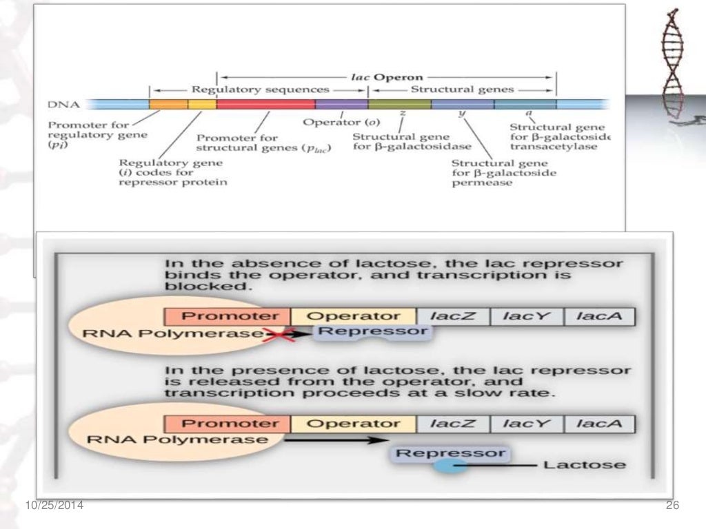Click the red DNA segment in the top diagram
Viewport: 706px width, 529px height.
point(265,104)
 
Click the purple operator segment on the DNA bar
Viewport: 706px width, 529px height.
point(341,104)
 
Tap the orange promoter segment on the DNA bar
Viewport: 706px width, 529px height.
point(168,104)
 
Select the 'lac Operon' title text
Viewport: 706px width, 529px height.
point(387,77)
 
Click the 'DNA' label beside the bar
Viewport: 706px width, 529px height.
point(64,105)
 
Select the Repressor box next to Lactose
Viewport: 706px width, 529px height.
point(450,453)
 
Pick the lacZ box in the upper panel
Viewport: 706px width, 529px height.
point(452,317)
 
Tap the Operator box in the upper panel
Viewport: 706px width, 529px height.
point(353,317)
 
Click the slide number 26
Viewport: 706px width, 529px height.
point(672,506)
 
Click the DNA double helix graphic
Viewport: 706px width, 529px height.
point(673,65)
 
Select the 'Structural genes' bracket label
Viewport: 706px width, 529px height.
point(463,90)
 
